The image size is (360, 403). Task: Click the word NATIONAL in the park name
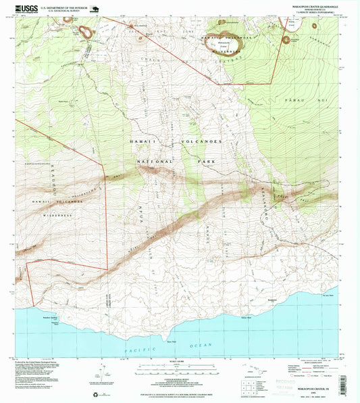(x=154, y=162)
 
